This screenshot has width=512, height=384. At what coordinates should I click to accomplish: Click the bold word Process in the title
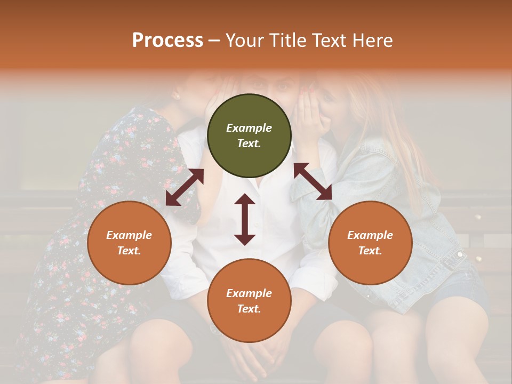(x=167, y=40)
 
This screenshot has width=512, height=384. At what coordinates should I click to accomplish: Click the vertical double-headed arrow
(x=245, y=219)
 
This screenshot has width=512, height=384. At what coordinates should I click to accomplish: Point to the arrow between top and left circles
(x=185, y=187)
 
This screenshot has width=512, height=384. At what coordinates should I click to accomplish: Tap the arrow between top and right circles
(x=313, y=181)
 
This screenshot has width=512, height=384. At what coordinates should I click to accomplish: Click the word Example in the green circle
(x=249, y=128)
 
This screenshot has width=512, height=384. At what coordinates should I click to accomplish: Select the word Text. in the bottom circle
(x=249, y=309)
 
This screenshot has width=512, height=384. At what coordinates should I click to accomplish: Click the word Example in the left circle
(x=129, y=235)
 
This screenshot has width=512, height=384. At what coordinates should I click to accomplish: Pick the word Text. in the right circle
(x=370, y=251)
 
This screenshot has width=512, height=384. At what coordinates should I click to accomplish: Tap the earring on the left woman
(x=175, y=96)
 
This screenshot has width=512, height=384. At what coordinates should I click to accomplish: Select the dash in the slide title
(x=214, y=40)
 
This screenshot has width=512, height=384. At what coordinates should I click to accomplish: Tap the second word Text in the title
(x=327, y=40)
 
